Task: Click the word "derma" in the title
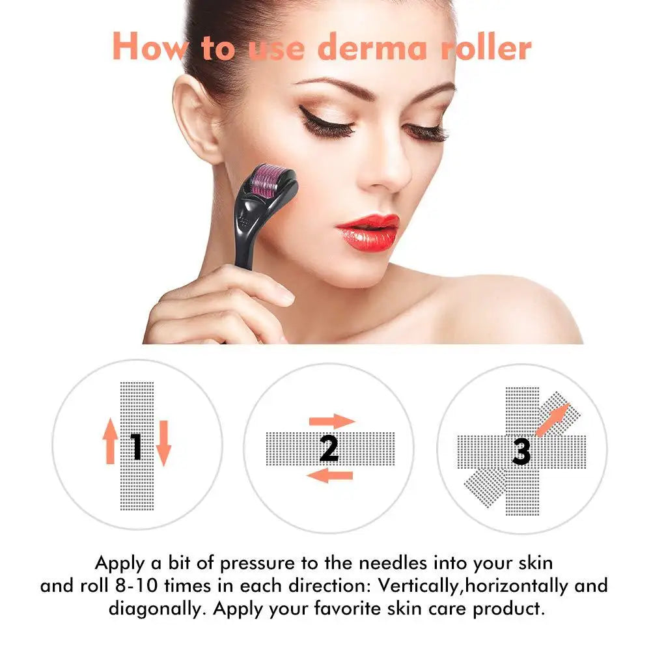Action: tap(361, 47)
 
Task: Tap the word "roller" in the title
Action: tap(485, 47)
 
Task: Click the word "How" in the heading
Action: tap(148, 47)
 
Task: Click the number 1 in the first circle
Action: tap(136, 447)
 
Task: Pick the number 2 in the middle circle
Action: tap(329, 448)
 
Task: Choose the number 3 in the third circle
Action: tap(521, 450)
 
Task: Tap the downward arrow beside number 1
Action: tap(163, 443)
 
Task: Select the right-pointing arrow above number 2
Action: tap(332, 421)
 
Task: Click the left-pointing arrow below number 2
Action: tap(329, 475)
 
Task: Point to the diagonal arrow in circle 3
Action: tap(553, 419)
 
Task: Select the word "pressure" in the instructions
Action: tap(257, 562)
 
